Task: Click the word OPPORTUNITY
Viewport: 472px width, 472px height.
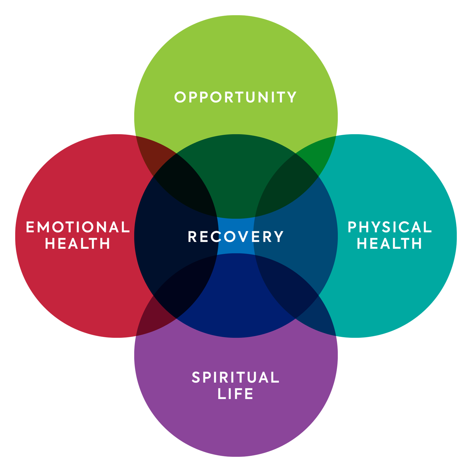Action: (x=235, y=97)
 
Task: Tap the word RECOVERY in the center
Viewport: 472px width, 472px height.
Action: (x=235, y=237)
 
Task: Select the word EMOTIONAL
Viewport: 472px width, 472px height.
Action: (x=78, y=227)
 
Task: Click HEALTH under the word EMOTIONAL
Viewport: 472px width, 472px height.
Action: (x=78, y=244)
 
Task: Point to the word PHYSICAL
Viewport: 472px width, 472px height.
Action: (x=390, y=227)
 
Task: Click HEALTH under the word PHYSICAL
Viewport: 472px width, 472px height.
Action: (x=390, y=244)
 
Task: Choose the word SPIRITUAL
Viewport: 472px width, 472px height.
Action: (x=235, y=378)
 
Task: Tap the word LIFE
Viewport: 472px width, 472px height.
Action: (x=235, y=394)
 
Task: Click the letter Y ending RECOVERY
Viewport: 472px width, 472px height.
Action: (x=279, y=237)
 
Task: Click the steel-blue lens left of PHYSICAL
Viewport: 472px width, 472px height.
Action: (x=296, y=236)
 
